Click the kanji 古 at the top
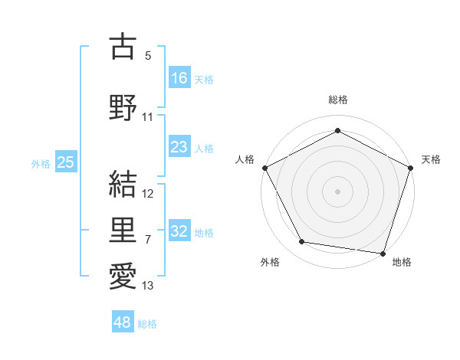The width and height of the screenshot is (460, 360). tap(123, 47)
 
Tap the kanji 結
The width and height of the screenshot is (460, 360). tap(123, 183)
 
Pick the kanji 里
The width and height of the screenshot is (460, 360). tap(123, 229)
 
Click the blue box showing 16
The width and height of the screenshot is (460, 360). tap(179, 77)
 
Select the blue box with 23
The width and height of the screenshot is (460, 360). tap(179, 148)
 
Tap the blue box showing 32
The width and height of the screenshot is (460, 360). tap(179, 231)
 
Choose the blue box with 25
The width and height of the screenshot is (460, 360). tap(65, 162)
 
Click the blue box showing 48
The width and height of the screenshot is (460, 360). tap(123, 322)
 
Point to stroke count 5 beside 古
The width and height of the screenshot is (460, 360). tap(148, 56)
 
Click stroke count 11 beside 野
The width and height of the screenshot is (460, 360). tap(148, 117)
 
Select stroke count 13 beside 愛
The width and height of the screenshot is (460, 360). tap(148, 286)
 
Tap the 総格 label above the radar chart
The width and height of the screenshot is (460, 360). tap(337, 100)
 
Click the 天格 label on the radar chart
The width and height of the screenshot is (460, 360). tap(431, 159)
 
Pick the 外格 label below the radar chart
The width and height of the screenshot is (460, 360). tap(270, 263)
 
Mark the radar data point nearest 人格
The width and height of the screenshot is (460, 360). tap(264, 167)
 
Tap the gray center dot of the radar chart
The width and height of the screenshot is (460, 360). tap(337, 191)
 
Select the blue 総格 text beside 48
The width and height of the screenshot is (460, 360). tap(147, 324)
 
